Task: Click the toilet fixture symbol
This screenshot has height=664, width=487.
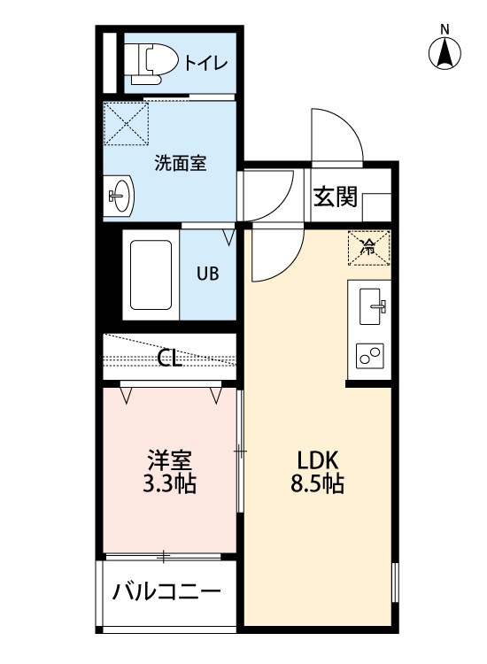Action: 154,64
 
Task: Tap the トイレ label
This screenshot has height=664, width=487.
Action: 206,64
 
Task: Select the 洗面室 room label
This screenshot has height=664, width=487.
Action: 181,163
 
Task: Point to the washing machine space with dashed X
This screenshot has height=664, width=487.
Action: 127,124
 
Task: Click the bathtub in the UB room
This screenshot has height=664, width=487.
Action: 151,274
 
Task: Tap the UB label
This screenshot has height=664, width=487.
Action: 208,274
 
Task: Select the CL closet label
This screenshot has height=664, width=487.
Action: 170,359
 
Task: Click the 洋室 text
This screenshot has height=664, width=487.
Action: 170,459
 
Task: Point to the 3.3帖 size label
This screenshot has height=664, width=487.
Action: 169,483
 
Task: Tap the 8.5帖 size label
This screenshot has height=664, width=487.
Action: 317,483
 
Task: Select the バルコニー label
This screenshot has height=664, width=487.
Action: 166,591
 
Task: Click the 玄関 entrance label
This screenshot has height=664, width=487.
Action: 336,197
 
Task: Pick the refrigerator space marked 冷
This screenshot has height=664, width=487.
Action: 369,248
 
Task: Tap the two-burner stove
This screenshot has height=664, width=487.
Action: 370,355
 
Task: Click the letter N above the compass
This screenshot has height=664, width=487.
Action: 444,29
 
